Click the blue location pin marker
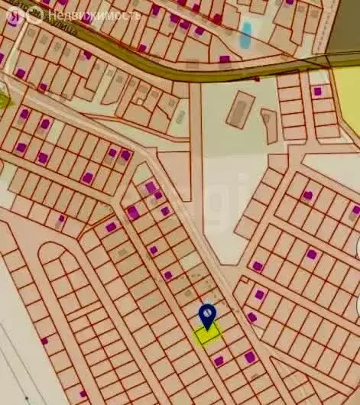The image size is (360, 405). coord(207,315)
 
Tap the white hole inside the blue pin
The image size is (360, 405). coord(207,312)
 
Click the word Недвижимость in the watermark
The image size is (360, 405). coord(94,15)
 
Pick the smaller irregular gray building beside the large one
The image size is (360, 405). coord(269,126)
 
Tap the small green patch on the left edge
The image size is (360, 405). coord(3,100)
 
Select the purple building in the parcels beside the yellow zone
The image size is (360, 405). coord(317,91)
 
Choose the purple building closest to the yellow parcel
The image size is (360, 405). coord(219,360)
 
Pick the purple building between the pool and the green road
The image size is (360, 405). coord(225,59)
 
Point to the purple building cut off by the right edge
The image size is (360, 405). coord(355,209)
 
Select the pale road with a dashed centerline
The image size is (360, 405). coord(183,222)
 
